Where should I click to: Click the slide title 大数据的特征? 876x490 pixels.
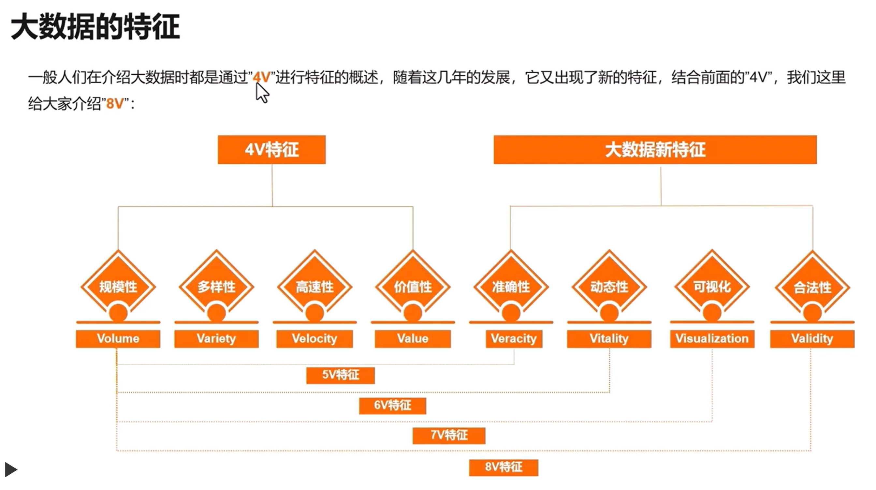coord(95,26)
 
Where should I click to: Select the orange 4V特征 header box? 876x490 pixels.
coord(272,150)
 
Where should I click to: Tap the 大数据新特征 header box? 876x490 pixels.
coord(655,150)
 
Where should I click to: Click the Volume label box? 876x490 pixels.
coord(118,339)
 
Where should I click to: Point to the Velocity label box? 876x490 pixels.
coord(314,339)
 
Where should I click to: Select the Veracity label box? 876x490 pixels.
coord(514,339)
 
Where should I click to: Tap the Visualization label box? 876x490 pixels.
coord(712,339)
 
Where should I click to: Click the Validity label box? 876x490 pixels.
coord(812,339)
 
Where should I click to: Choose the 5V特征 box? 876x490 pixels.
coord(341,375)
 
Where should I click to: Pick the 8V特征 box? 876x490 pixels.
coord(504,468)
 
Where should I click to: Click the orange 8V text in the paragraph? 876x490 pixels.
coord(115,103)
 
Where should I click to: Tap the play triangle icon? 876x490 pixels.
coord(11,469)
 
